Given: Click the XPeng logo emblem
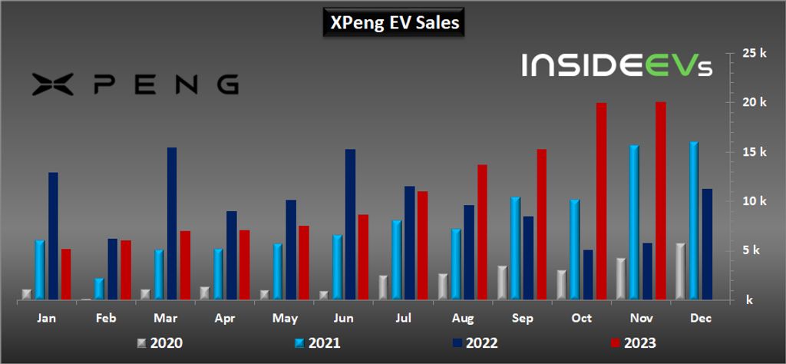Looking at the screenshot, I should tap(52, 84).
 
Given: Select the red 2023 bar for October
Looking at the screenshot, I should tap(602, 201).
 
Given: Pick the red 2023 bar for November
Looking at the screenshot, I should tap(661, 200).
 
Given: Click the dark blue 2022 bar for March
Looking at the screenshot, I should tap(172, 223).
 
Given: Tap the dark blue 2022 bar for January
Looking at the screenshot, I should tap(53, 236).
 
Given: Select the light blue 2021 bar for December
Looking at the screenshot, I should tap(694, 220).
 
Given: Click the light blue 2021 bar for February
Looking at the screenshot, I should tap(100, 289).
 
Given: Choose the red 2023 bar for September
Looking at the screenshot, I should tap(542, 224).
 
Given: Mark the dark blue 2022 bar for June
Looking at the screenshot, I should tap(350, 224).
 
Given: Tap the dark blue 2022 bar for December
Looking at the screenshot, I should tap(707, 244).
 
